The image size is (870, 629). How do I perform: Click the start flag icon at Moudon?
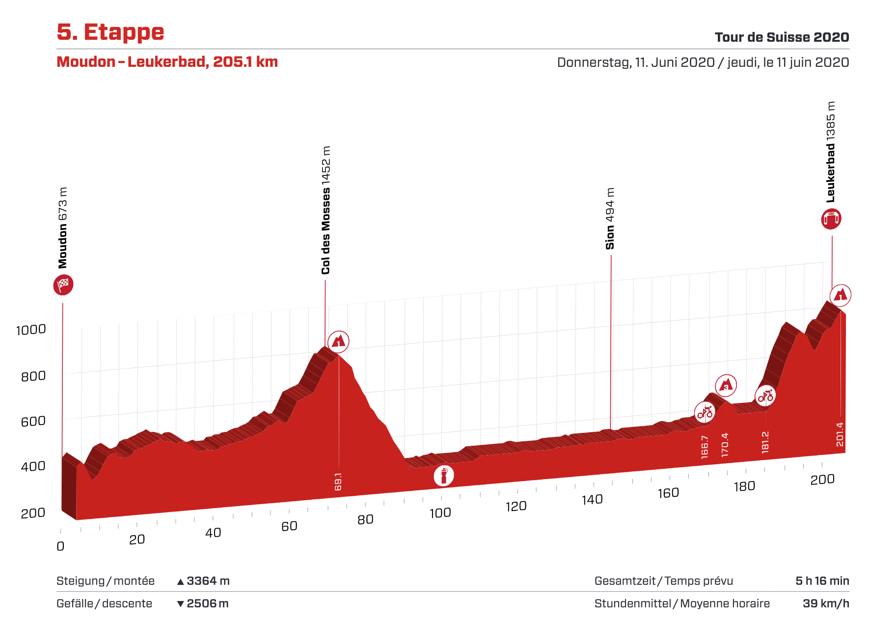pyautogui.click(x=63, y=285)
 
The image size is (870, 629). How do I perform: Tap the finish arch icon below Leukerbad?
pyautogui.click(x=831, y=219)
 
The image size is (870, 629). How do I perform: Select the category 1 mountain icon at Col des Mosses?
pyautogui.click(x=338, y=341)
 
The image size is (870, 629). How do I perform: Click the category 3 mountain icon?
pyautogui.click(x=726, y=385)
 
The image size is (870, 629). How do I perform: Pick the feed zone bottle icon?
pyautogui.click(x=443, y=476)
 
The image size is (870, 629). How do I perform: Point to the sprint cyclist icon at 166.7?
pyautogui.click(x=705, y=412)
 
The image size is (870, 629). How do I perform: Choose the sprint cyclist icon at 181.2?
pyautogui.click(x=765, y=395)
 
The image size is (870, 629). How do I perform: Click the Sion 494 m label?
pyautogui.click(x=610, y=219)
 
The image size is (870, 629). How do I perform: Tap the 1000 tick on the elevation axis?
pyautogui.click(x=31, y=330)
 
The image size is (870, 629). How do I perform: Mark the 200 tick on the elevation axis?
pyautogui.click(x=33, y=513)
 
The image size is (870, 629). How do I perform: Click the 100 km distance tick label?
pyautogui.click(x=440, y=513)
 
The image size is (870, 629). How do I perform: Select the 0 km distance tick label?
pyautogui.click(x=60, y=546)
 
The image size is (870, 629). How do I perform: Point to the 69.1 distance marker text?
pyautogui.click(x=338, y=482)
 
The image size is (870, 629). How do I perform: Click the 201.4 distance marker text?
pyautogui.click(x=840, y=434)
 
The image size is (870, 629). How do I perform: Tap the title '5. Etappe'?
pyautogui.click(x=110, y=32)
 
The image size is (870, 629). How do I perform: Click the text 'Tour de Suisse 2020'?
pyautogui.click(x=782, y=37)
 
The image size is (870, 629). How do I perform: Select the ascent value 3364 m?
pyautogui.click(x=208, y=581)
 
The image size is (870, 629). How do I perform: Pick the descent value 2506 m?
pyautogui.click(x=208, y=603)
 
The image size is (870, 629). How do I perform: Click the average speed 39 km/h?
pyautogui.click(x=826, y=603)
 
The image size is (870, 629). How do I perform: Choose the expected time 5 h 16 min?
pyautogui.click(x=822, y=581)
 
